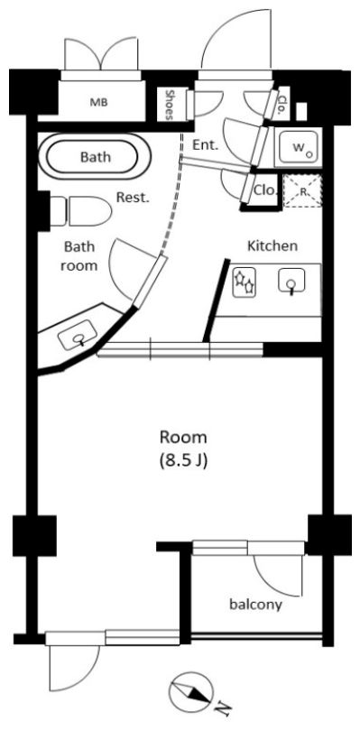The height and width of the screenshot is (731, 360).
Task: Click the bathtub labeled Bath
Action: (92, 158)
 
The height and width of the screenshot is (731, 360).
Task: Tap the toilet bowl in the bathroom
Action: (89, 210)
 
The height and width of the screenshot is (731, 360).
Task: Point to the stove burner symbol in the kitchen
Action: (245, 282)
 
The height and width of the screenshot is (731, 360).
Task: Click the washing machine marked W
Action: (299, 147)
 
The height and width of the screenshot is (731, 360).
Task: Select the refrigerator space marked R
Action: (302, 190)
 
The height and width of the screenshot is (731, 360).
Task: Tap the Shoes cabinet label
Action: (170, 105)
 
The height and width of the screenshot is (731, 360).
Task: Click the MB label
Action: (99, 103)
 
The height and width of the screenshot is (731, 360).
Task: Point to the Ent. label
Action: (205, 145)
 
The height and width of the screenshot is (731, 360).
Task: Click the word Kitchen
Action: (272, 245)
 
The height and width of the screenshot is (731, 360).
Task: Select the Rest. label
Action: (133, 198)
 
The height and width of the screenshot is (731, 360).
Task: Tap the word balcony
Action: (255, 606)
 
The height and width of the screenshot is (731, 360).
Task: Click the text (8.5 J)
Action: (183, 461)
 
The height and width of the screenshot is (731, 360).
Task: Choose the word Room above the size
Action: (183, 438)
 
